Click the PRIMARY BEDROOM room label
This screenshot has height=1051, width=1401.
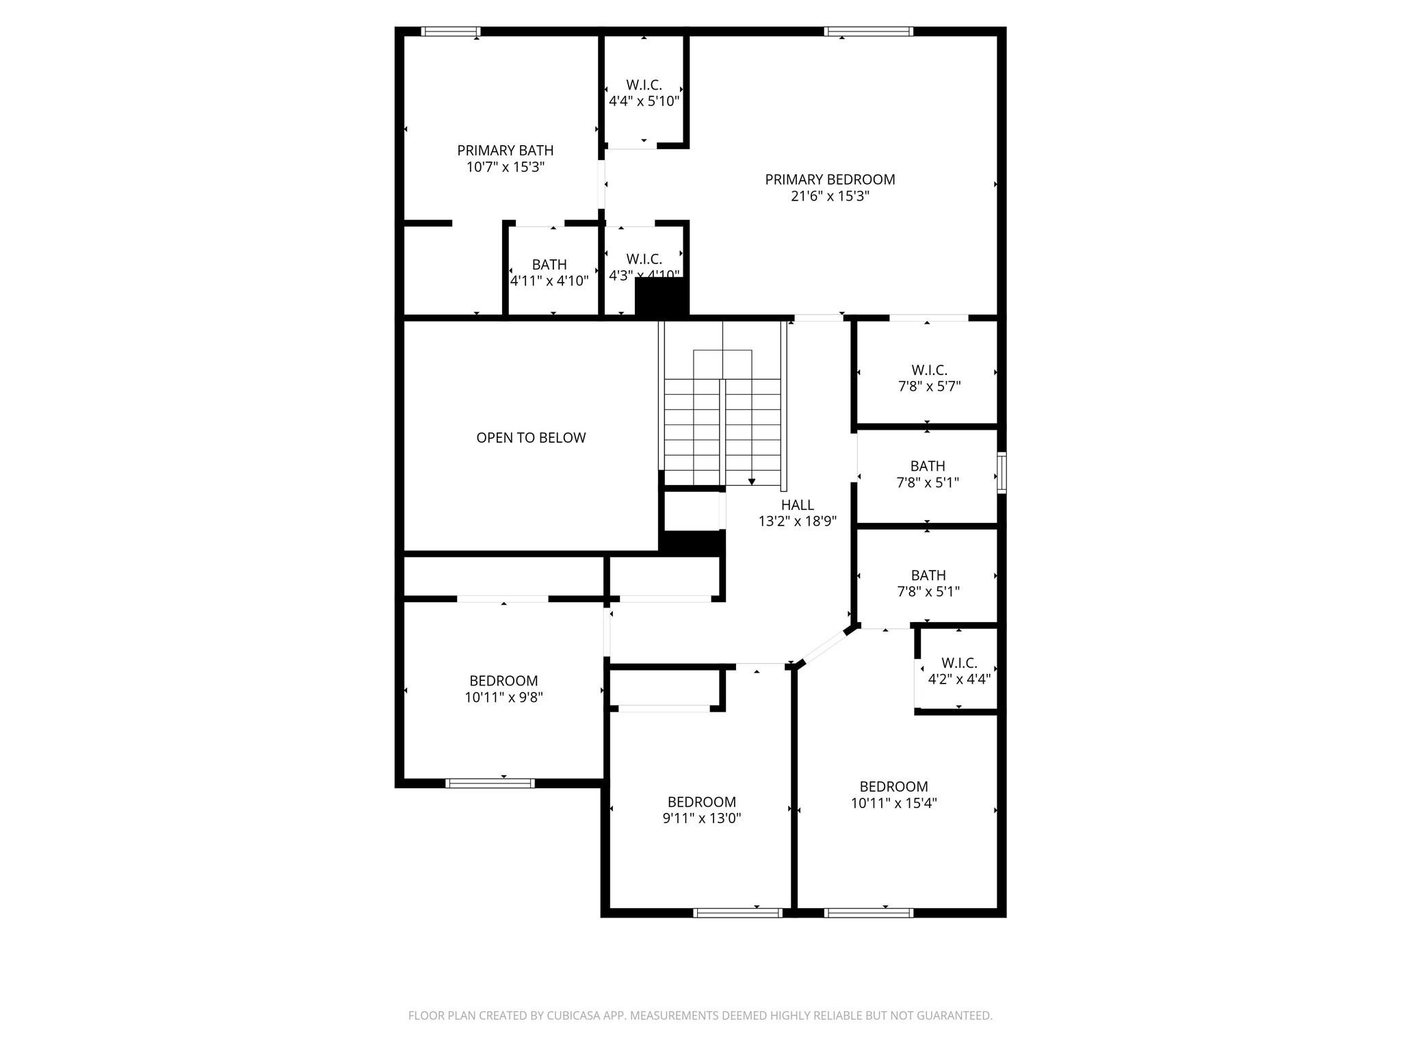click(830, 179)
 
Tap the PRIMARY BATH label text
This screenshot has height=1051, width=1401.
click(506, 151)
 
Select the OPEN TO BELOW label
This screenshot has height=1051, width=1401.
click(531, 438)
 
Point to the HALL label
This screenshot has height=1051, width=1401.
click(798, 505)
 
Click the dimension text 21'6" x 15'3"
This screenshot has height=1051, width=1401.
click(830, 196)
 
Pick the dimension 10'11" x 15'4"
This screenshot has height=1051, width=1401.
click(893, 803)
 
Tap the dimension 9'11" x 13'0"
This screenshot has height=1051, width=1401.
click(702, 818)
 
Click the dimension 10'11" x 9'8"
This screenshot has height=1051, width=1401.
click(503, 698)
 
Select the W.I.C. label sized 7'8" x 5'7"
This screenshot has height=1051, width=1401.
click(929, 370)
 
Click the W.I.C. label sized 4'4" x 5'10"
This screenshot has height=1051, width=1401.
click(644, 86)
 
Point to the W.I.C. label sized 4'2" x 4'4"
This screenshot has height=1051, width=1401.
click(959, 663)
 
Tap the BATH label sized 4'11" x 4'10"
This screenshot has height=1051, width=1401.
click(549, 265)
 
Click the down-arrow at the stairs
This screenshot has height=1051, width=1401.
click(752, 482)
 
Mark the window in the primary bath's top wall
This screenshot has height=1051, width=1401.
click(450, 31)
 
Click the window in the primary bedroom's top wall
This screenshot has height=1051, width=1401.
click(869, 31)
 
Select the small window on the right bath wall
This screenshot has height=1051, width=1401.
click(1001, 472)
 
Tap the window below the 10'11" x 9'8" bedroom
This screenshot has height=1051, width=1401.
click(490, 783)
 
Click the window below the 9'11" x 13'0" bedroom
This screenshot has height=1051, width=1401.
click(737, 913)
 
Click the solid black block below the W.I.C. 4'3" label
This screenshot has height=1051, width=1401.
click(662, 297)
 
